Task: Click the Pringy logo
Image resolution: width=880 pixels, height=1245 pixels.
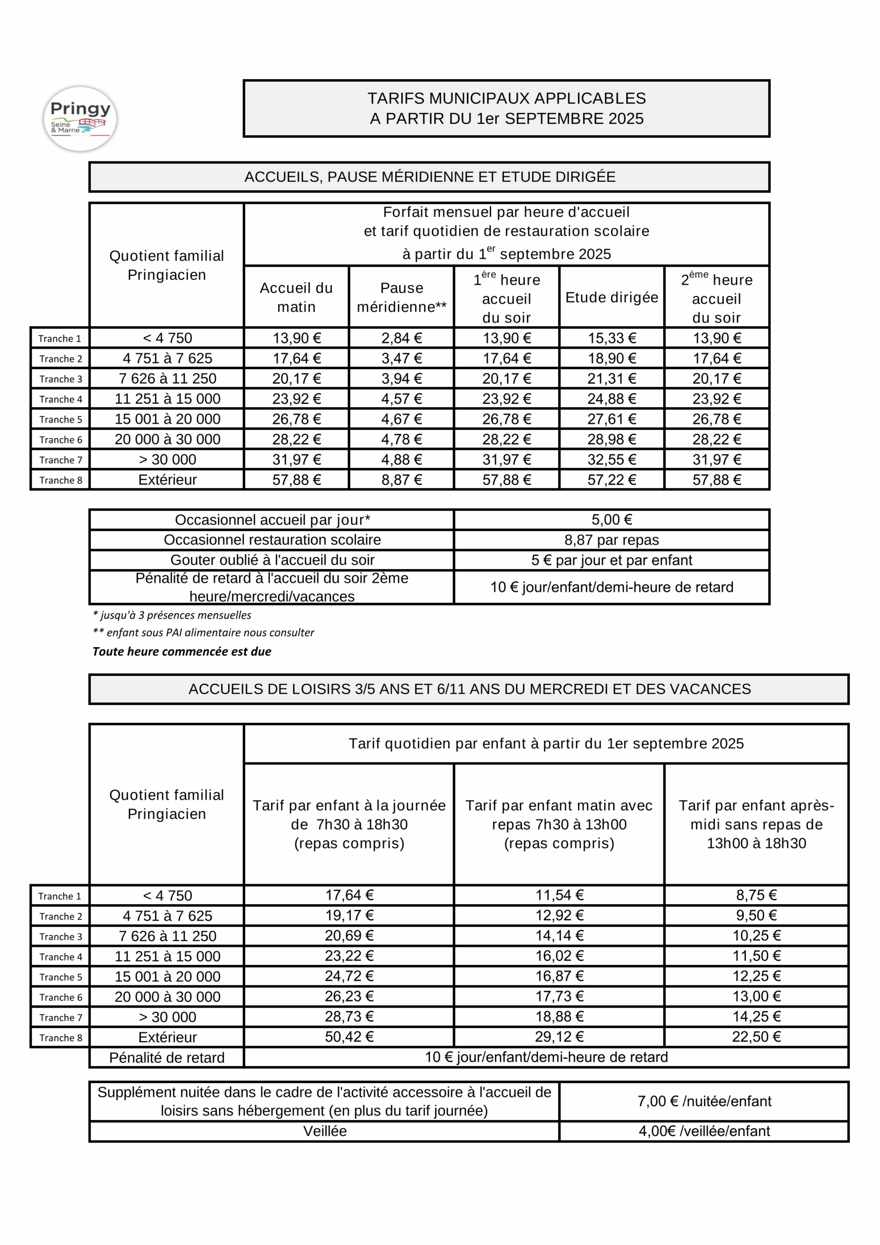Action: (x=80, y=118)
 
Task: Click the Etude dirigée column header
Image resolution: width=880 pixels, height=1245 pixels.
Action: (x=612, y=297)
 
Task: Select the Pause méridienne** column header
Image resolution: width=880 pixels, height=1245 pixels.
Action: (x=401, y=297)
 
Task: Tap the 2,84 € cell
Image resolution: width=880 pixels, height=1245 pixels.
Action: (x=401, y=338)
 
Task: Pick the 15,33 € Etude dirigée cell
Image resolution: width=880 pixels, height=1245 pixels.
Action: (x=612, y=338)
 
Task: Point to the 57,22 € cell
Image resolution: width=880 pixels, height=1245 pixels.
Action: (x=612, y=480)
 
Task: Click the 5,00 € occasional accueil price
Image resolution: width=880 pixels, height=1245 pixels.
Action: (x=612, y=519)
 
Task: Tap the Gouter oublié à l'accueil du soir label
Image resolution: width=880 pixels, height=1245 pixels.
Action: (x=272, y=560)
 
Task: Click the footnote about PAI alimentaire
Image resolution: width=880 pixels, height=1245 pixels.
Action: (x=204, y=632)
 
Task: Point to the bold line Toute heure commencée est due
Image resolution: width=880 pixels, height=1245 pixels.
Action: (x=182, y=651)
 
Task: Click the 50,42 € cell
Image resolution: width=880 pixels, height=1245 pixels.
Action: (x=349, y=1037)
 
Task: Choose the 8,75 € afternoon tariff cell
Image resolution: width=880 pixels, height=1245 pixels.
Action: (x=757, y=895)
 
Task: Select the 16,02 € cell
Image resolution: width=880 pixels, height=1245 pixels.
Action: (x=560, y=956)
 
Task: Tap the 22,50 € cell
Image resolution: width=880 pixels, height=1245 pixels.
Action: (x=757, y=1037)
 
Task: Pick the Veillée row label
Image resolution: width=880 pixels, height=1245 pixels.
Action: (x=324, y=1131)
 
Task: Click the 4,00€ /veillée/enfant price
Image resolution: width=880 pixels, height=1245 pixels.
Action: (x=704, y=1131)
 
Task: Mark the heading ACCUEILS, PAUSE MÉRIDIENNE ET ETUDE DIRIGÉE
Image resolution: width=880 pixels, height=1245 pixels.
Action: (x=429, y=177)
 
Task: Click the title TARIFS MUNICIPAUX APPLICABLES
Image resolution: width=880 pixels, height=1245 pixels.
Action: (x=507, y=99)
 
